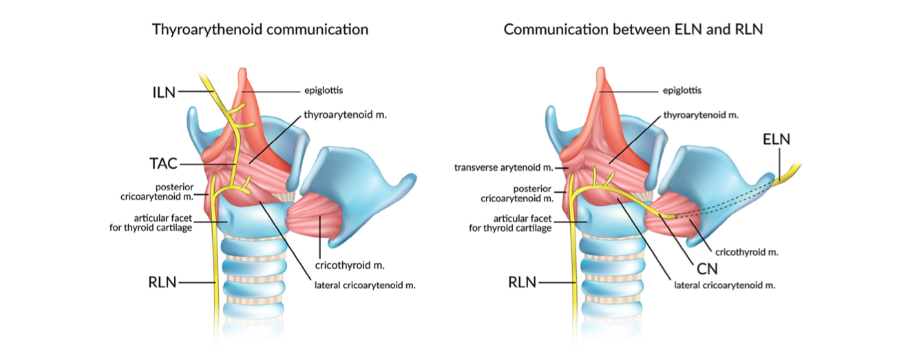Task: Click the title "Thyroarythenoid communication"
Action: [x=260, y=30]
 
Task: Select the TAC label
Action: [x=164, y=164]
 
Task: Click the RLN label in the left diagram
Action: [x=164, y=282]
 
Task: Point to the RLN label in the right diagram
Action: [x=523, y=282]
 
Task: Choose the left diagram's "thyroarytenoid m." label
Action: [x=345, y=115]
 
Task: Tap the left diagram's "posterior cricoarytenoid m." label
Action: [x=161, y=191]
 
